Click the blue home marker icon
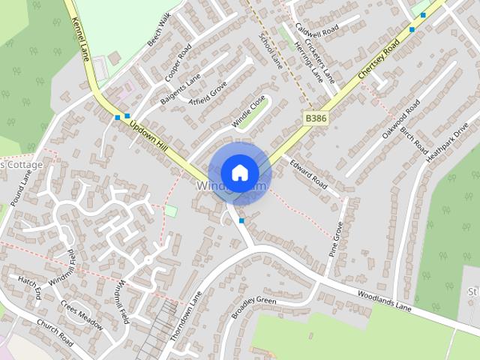(239, 172)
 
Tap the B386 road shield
(316, 118)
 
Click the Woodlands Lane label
(385, 301)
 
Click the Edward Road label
(308, 172)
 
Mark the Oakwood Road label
(400, 119)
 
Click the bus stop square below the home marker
(241, 220)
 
